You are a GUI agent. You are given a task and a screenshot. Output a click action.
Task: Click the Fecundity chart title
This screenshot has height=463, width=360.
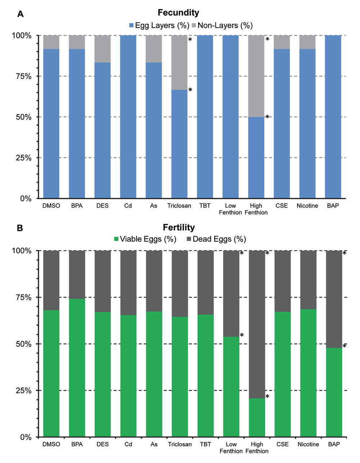tap(178, 13)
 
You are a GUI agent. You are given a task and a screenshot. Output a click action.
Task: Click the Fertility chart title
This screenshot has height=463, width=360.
tap(179, 228)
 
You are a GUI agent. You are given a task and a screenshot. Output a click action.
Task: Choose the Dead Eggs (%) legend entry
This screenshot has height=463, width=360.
tap(216, 239)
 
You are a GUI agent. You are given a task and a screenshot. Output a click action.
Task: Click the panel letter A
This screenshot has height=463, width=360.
tap(21, 14)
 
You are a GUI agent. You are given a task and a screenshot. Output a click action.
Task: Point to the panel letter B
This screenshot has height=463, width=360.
tap(20, 228)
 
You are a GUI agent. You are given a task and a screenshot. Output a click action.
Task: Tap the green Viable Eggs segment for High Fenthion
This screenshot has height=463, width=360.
tap(257, 417)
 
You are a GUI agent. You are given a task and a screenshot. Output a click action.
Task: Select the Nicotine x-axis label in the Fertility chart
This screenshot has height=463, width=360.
tap(308, 444)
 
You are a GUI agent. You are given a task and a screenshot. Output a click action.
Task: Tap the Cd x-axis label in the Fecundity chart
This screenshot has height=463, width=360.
tap(128, 206)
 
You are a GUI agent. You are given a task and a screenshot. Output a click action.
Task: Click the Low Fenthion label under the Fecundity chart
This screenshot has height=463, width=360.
tap(230, 209)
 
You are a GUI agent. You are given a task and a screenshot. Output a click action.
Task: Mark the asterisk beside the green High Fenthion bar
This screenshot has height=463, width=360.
tap(267, 397)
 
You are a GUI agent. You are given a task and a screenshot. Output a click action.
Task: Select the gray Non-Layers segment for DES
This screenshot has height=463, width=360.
tap(103, 49)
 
